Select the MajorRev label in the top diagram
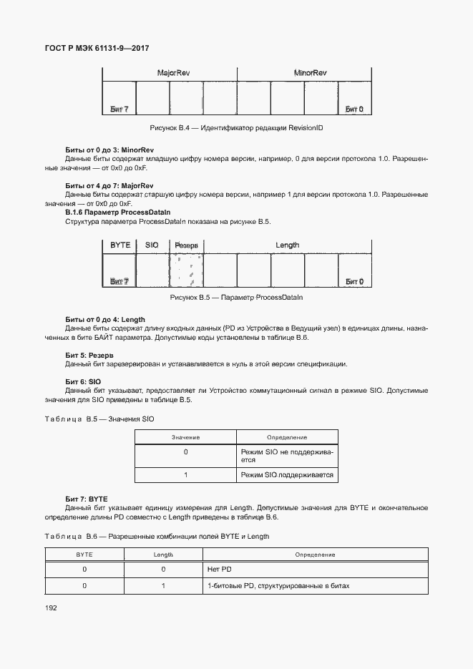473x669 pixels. (x=170, y=74)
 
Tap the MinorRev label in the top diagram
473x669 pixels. (x=310, y=74)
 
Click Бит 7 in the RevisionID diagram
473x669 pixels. (x=120, y=109)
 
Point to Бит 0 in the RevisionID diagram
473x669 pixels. (x=354, y=109)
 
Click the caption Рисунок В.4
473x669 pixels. (x=236, y=127)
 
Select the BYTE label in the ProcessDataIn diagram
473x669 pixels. (x=120, y=245)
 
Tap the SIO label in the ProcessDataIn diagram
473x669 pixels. (x=152, y=245)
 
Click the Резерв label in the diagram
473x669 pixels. (x=186, y=245)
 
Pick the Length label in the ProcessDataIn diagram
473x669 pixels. (x=287, y=245)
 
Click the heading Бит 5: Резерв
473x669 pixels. (x=89, y=355)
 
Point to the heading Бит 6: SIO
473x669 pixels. (x=82, y=381)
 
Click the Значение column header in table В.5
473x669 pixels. (x=185, y=436)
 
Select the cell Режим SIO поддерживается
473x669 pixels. (x=287, y=475)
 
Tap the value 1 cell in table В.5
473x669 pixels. (x=185, y=475)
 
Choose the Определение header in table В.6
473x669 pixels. (x=315, y=555)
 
